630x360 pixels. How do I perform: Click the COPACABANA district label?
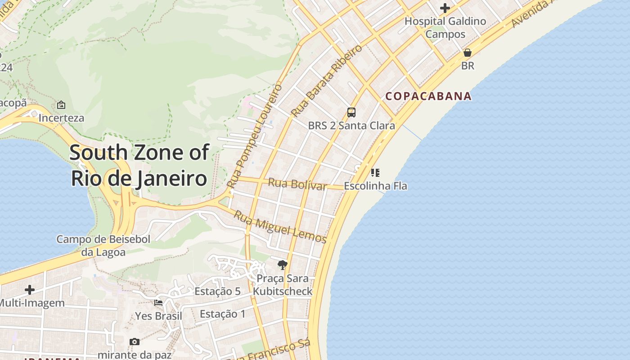(x=428, y=96)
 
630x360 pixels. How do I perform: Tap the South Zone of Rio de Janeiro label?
(x=139, y=165)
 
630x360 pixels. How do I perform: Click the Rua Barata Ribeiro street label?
(x=327, y=80)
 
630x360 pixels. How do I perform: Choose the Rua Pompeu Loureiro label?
(x=255, y=135)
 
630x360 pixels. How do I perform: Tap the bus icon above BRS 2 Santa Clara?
(x=351, y=112)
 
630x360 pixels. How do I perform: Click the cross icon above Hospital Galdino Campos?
(x=445, y=8)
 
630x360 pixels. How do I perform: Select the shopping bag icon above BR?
(x=468, y=53)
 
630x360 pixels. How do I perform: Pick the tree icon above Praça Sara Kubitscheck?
(x=283, y=265)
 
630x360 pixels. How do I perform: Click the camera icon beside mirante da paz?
(x=134, y=342)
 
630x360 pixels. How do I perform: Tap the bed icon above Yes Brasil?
(x=158, y=302)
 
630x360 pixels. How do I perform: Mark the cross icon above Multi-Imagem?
(x=30, y=290)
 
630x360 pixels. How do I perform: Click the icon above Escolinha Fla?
(x=375, y=172)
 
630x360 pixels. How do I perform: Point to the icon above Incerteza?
(x=61, y=105)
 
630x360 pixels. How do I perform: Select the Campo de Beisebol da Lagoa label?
(x=103, y=246)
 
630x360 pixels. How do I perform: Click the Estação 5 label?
(x=217, y=291)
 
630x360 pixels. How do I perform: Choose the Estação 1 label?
(x=223, y=314)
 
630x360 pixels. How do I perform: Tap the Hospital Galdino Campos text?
(x=445, y=27)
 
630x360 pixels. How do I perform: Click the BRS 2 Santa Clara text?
(x=351, y=126)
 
